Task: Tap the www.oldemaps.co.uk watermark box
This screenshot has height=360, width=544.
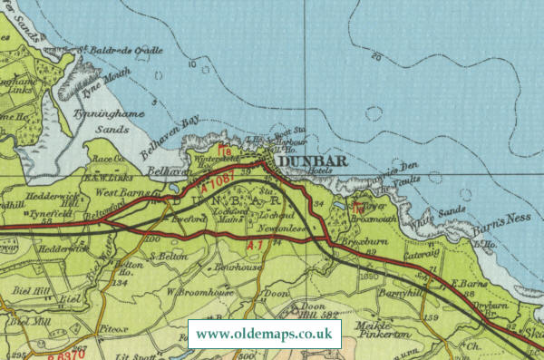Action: (x=265, y=334)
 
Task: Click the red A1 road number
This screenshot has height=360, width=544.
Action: (x=257, y=245)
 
